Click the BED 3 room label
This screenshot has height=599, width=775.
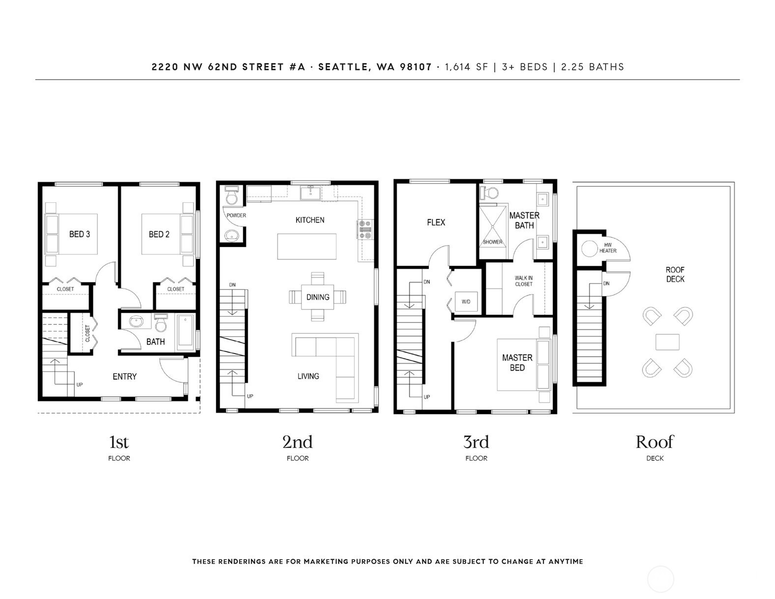click(x=80, y=234)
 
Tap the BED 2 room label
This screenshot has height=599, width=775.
click(x=159, y=235)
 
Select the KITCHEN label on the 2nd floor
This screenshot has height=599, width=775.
click(x=310, y=220)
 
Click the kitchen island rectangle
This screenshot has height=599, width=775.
click(x=307, y=246)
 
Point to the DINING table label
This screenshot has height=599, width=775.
click(x=318, y=297)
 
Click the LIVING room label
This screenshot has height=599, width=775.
click(x=308, y=376)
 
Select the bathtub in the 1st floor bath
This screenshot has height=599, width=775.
click(x=185, y=331)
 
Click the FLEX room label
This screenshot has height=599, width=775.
click(x=436, y=222)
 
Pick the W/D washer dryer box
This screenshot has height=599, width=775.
click(x=466, y=302)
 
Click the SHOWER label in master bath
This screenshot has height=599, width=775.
click(x=493, y=242)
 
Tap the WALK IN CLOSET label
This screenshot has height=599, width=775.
click(x=524, y=281)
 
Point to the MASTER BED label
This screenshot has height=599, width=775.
click(x=517, y=363)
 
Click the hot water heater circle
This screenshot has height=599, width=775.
click(x=589, y=249)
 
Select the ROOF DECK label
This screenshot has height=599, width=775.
click(x=675, y=275)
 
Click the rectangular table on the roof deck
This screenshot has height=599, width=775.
click(x=667, y=342)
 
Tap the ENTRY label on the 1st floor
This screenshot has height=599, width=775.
click(x=124, y=377)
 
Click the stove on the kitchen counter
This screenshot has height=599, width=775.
click(x=365, y=229)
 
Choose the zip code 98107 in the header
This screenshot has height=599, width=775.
click(x=416, y=67)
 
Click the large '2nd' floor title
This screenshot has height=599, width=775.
click(x=298, y=442)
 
